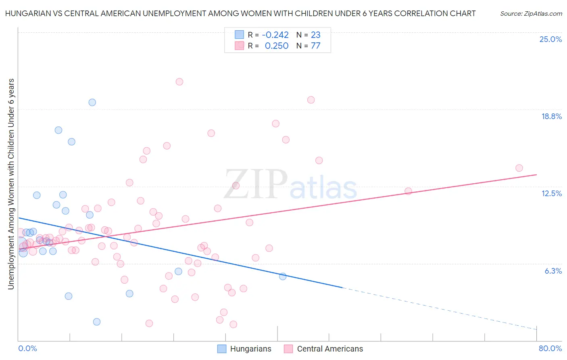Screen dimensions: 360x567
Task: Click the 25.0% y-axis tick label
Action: (x=550, y=39)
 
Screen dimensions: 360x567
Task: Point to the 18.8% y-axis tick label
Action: (x=551, y=116)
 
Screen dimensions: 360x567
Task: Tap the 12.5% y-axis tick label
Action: (x=551, y=193)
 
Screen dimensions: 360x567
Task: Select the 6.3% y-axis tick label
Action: (x=553, y=271)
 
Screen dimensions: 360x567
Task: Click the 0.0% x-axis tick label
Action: (x=27, y=348)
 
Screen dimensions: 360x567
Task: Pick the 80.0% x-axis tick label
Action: (x=550, y=348)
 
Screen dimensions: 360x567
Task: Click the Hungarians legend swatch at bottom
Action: (x=222, y=349)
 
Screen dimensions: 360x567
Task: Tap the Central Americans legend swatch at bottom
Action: (x=288, y=349)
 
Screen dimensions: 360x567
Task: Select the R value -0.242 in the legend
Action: (x=275, y=35)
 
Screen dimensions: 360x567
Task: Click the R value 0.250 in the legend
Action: (x=276, y=46)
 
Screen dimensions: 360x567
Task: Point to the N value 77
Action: (x=315, y=46)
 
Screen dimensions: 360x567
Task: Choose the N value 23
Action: (x=315, y=35)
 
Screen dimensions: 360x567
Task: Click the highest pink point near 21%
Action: (x=179, y=82)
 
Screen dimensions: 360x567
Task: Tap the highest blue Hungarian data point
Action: (x=92, y=103)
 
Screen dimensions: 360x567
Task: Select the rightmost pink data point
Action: (x=519, y=168)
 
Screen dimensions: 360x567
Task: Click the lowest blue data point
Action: (x=97, y=322)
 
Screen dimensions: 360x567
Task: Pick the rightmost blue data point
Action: (x=283, y=276)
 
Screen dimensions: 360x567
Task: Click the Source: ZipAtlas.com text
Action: (x=531, y=13)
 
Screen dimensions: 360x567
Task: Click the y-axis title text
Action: (x=11, y=184)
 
